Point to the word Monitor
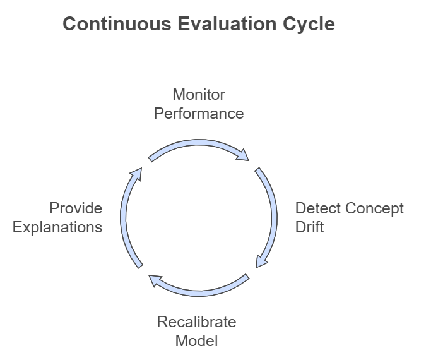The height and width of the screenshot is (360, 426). pyautogui.click(x=199, y=95)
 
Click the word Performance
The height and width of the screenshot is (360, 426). pyautogui.click(x=199, y=114)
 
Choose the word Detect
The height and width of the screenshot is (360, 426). pyautogui.click(x=316, y=208)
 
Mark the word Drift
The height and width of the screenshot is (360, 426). pyautogui.click(x=309, y=227)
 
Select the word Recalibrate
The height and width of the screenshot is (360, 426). pyautogui.click(x=196, y=322)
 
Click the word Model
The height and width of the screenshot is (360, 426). pyautogui.click(x=196, y=341)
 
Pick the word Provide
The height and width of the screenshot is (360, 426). pyautogui.click(x=76, y=208)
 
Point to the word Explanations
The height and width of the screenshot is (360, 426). pyautogui.click(x=57, y=227)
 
